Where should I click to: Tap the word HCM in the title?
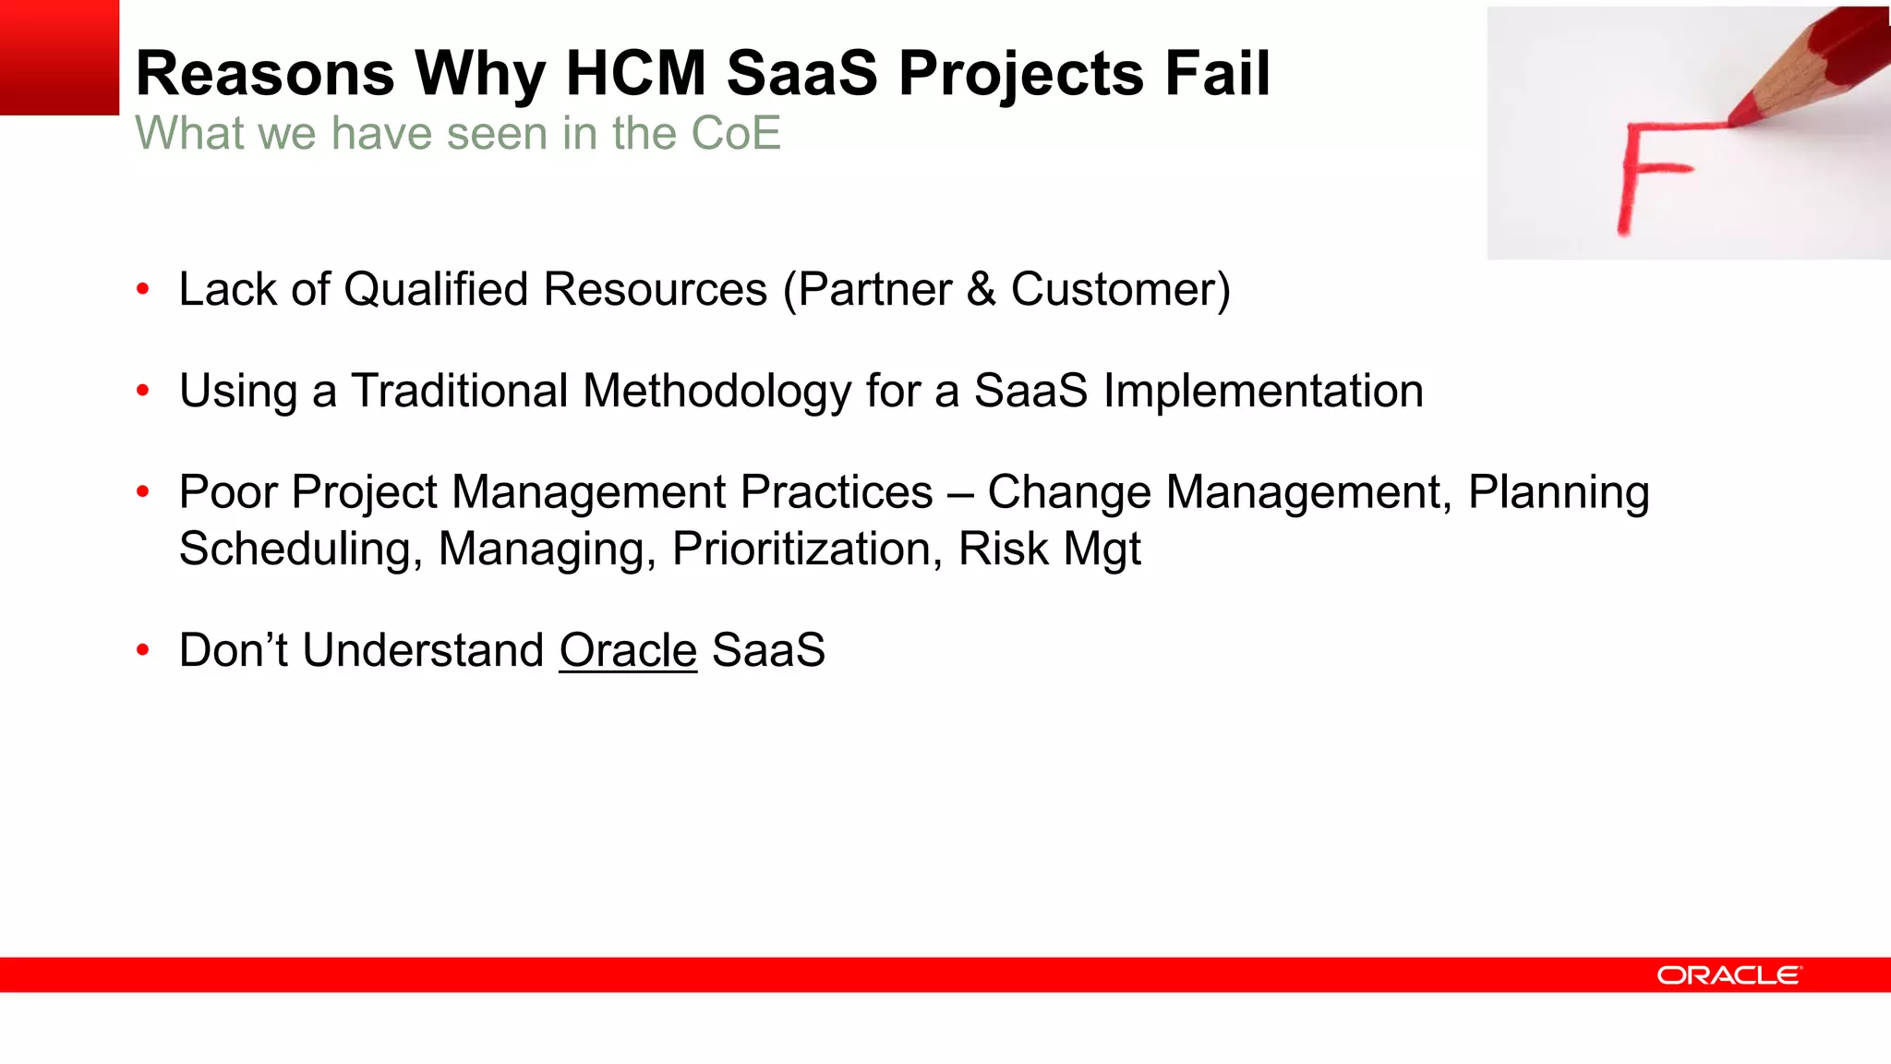pyautogui.click(x=635, y=74)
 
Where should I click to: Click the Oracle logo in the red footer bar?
pyautogui.click(x=1728, y=975)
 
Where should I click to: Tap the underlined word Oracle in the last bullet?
pyautogui.click(x=628, y=650)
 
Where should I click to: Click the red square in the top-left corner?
pyautogui.click(x=59, y=57)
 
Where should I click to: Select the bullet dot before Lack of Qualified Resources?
pyautogui.click(x=142, y=290)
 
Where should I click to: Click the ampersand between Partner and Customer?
pyautogui.click(x=981, y=290)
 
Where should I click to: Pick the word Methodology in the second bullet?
pyautogui.click(x=717, y=392)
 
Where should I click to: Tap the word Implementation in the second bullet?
pyautogui.click(x=1263, y=391)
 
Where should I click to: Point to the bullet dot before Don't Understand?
pyautogui.click(x=142, y=651)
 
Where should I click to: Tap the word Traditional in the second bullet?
pyautogui.click(x=459, y=391)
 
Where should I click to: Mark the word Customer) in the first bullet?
pyautogui.click(x=1121, y=290)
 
